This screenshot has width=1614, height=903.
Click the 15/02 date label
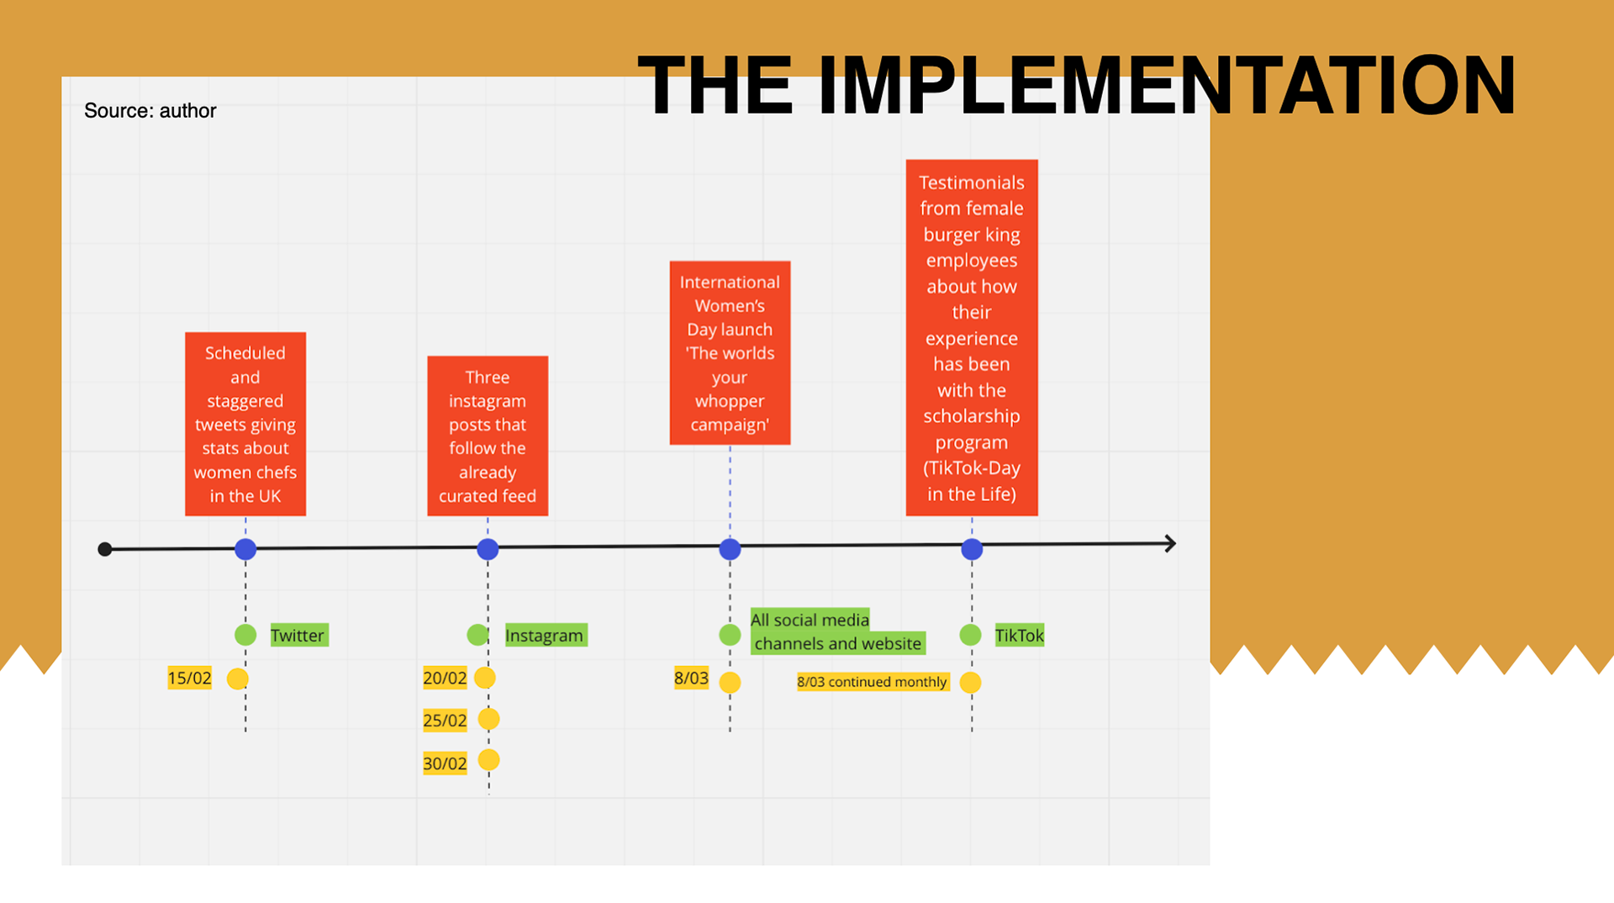click(189, 679)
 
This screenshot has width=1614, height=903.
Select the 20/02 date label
click(445, 679)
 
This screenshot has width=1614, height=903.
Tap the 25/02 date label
click(445, 721)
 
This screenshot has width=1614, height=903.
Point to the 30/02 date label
click(445, 763)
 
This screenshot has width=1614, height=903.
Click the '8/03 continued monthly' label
click(872, 682)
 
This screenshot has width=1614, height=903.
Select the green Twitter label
click(298, 636)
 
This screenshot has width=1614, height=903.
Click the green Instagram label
click(544, 636)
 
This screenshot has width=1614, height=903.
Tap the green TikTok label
click(1019, 636)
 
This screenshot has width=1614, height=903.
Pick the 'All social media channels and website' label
click(836, 631)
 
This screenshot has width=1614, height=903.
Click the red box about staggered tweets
click(245, 424)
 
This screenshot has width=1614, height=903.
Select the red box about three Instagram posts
click(488, 436)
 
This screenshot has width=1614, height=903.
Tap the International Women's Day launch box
click(730, 353)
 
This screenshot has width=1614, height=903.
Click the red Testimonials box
click(972, 337)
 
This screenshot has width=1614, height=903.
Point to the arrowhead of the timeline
click(1169, 544)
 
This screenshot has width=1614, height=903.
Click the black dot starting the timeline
click(105, 549)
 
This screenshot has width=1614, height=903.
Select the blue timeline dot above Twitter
click(245, 549)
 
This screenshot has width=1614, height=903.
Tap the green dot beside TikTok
click(970, 635)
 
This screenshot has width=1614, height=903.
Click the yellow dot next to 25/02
click(488, 719)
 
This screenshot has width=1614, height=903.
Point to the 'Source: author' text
click(150, 111)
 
